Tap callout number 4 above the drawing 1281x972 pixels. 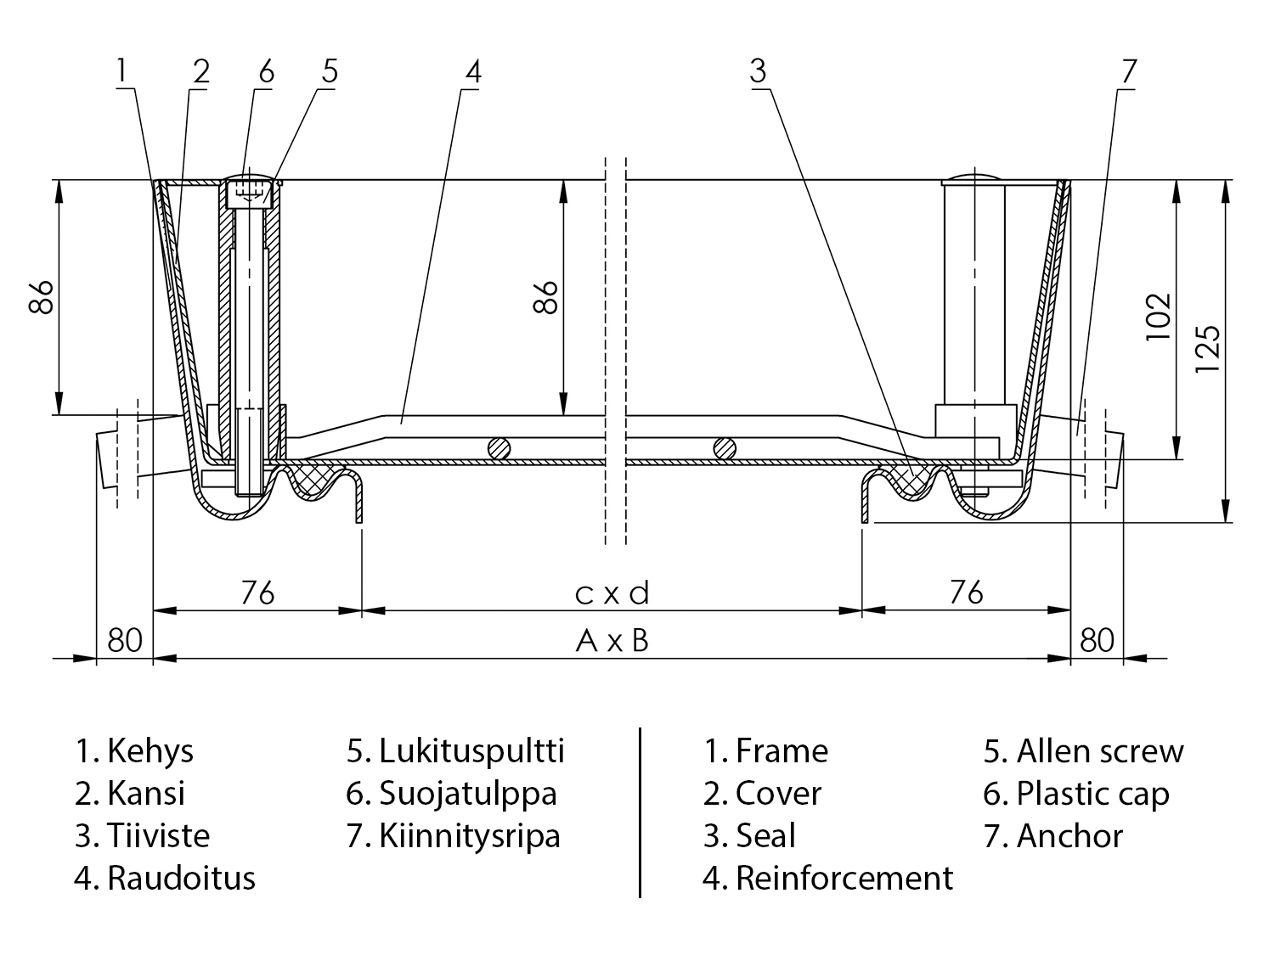click(473, 71)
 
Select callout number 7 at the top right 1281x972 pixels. click(1128, 71)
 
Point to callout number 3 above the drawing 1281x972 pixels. click(759, 71)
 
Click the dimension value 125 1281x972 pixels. click(1207, 348)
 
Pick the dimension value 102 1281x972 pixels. click(1158, 317)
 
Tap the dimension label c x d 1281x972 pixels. click(612, 593)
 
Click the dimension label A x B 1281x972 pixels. click(612, 641)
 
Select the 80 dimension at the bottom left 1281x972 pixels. click(125, 640)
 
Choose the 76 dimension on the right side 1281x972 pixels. click(967, 592)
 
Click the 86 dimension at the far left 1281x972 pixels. click(42, 296)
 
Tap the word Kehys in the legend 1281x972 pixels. click(150, 751)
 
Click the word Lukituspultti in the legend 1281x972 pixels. click(471, 751)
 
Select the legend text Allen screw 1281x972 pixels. click(1099, 751)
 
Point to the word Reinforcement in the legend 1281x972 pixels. click(844, 878)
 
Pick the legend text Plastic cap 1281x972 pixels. click(1092, 794)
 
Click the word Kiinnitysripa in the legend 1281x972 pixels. click(469, 836)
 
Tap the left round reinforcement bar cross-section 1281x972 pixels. click(499, 447)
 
